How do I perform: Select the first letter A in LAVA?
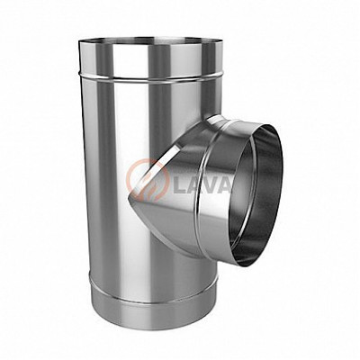point(196,186)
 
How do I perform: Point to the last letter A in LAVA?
point(226,186)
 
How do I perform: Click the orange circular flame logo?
point(147,180)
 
